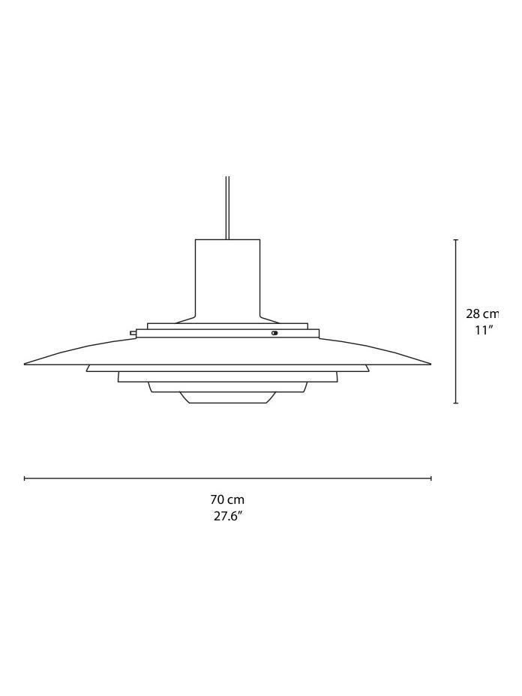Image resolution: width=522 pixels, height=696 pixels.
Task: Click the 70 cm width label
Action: point(227,499)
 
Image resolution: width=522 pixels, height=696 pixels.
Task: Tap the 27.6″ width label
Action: point(228,516)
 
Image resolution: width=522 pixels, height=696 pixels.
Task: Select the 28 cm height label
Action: point(481,314)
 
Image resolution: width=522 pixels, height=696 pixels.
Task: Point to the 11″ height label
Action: point(484,330)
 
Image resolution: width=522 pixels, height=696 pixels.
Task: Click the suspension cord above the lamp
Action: point(227,206)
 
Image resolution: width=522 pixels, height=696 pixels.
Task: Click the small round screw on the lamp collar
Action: point(274,333)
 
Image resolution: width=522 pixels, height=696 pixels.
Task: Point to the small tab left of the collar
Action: point(133,333)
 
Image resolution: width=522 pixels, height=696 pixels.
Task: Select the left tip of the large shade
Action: point(26,364)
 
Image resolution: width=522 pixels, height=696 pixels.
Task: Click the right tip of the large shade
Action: point(429,364)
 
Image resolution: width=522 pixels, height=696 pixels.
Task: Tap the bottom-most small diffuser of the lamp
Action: point(227,397)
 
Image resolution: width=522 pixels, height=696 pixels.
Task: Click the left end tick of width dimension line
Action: point(25,478)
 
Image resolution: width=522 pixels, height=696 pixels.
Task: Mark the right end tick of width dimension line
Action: point(431,478)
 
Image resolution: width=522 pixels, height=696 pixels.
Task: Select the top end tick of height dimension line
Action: point(456,240)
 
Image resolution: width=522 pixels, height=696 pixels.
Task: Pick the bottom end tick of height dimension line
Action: point(456,403)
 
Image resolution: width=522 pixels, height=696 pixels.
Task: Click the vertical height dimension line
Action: point(456,360)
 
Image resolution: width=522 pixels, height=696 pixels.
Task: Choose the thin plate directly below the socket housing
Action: point(227,326)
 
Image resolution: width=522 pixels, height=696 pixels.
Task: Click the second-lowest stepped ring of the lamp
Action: point(227,387)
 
